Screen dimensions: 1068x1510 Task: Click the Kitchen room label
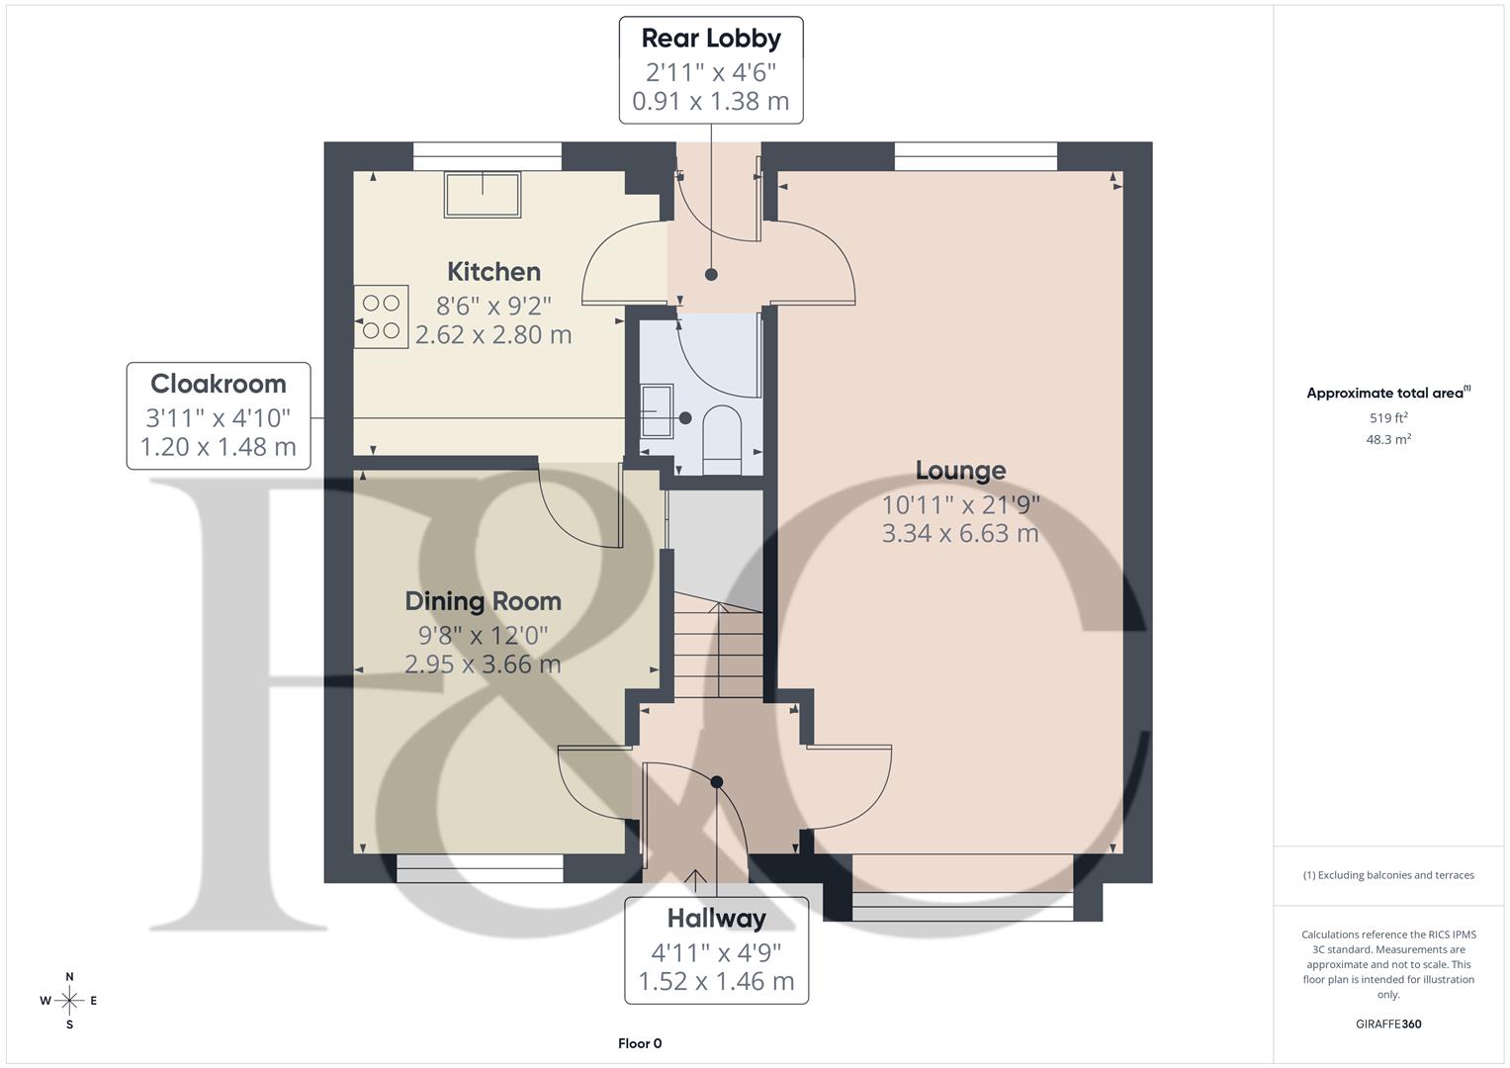point(493,272)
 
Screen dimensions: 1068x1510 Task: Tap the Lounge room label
point(960,471)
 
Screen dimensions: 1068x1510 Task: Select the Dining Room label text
point(483,601)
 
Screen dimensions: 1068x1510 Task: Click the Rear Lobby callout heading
point(711,39)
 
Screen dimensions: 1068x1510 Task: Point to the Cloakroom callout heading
point(219,384)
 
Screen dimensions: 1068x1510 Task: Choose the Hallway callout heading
point(716,919)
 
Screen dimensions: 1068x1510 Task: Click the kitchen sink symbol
point(483,195)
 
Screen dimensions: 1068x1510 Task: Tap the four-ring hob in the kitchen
point(382,317)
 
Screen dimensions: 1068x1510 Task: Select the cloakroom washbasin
point(656,410)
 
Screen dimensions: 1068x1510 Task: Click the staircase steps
point(718,648)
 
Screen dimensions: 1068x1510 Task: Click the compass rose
point(69,1001)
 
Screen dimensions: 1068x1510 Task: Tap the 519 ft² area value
point(1388,418)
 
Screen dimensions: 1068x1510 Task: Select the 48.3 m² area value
point(1388,439)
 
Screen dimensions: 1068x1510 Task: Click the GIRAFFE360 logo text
point(1388,1023)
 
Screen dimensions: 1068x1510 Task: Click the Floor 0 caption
point(640,1043)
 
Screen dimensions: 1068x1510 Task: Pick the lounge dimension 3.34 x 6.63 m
point(960,534)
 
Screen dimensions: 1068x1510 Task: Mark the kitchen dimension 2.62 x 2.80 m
point(493,335)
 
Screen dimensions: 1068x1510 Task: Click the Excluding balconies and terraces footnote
point(1388,875)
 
